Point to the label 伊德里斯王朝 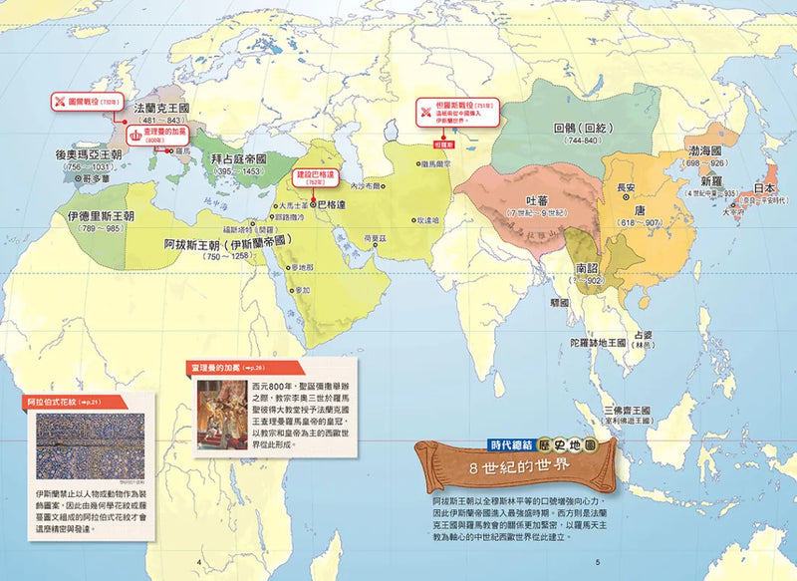pos(102,215)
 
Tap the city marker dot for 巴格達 pos(312,203)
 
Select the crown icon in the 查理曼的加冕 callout pos(133,131)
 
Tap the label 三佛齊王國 pos(626,411)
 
